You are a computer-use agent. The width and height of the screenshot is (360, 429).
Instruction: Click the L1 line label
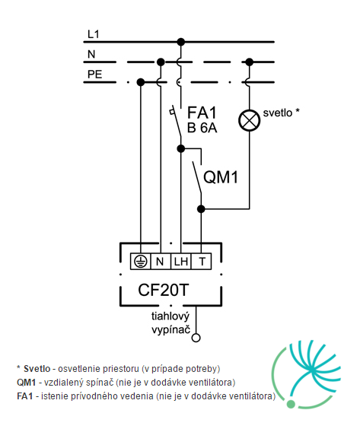click(93, 34)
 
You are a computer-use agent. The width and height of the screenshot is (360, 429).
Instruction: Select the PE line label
click(94, 75)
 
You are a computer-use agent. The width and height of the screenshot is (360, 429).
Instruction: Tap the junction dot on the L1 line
click(181, 42)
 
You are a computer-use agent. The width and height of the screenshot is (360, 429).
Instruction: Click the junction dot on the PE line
click(141, 82)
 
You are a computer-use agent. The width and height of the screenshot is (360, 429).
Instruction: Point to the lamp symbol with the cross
click(249, 120)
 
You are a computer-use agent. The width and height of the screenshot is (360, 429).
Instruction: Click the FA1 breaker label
click(202, 113)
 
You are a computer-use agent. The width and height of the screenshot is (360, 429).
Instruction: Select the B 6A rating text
click(202, 128)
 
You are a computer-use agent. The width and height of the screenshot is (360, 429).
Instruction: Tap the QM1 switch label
click(221, 176)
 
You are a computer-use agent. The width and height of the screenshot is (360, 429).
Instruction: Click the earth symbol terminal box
click(141, 262)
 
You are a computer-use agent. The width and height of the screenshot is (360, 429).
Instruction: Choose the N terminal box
click(161, 262)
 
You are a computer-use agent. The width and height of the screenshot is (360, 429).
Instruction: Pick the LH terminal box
click(180, 262)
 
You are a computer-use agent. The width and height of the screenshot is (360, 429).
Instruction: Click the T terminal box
click(201, 262)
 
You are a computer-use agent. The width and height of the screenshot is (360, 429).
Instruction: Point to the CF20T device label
click(164, 290)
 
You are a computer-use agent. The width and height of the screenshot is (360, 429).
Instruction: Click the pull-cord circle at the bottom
click(196, 338)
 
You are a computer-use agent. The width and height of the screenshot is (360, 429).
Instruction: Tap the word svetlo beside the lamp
click(278, 113)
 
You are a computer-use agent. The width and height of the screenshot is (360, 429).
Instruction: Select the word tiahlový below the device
click(170, 317)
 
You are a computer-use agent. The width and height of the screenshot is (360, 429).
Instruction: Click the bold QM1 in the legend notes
click(27, 382)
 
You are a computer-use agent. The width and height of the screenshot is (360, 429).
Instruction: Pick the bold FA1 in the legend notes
click(25, 396)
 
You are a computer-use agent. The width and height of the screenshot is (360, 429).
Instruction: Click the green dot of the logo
click(291, 404)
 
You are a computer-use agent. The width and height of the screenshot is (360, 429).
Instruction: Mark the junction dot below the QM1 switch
click(201, 209)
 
